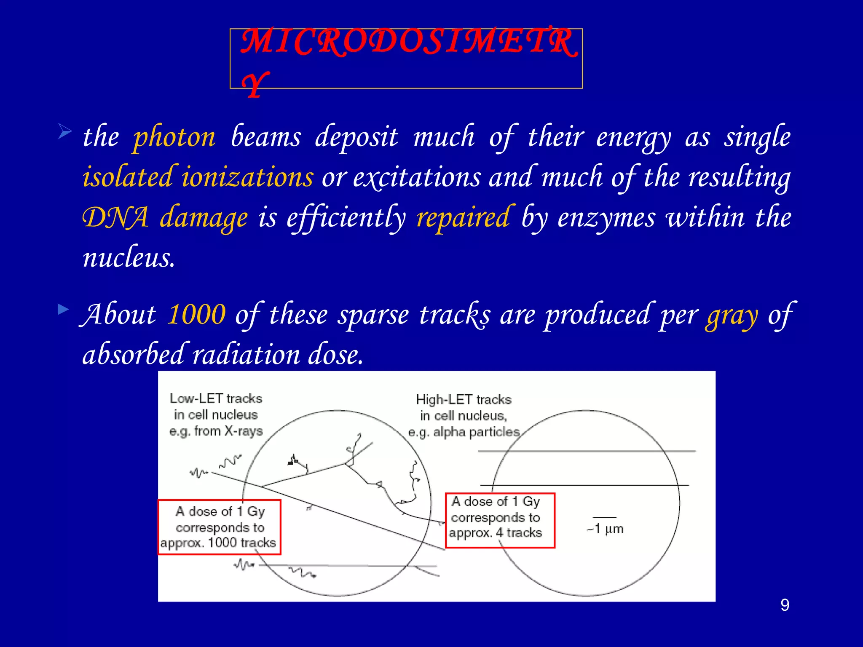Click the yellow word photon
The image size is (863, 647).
[174, 138]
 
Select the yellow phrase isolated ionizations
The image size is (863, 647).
[198, 177]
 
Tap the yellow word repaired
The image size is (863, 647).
[463, 218]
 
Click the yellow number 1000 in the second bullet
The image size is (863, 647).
[196, 315]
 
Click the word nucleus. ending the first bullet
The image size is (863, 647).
[129, 257]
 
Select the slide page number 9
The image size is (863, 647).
[785, 605]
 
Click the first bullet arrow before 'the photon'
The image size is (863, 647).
[65, 131]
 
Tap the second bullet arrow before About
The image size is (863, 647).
[64, 310]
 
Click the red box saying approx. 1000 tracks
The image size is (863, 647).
[219, 527]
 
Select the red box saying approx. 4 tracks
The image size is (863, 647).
[500, 520]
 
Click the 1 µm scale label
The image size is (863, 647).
[606, 529]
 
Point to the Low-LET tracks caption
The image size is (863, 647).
[216, 398]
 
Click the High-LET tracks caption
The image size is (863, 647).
[464, 400]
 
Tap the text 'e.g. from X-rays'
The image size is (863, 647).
[216, 431]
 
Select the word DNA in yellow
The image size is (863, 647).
[115, 218]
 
